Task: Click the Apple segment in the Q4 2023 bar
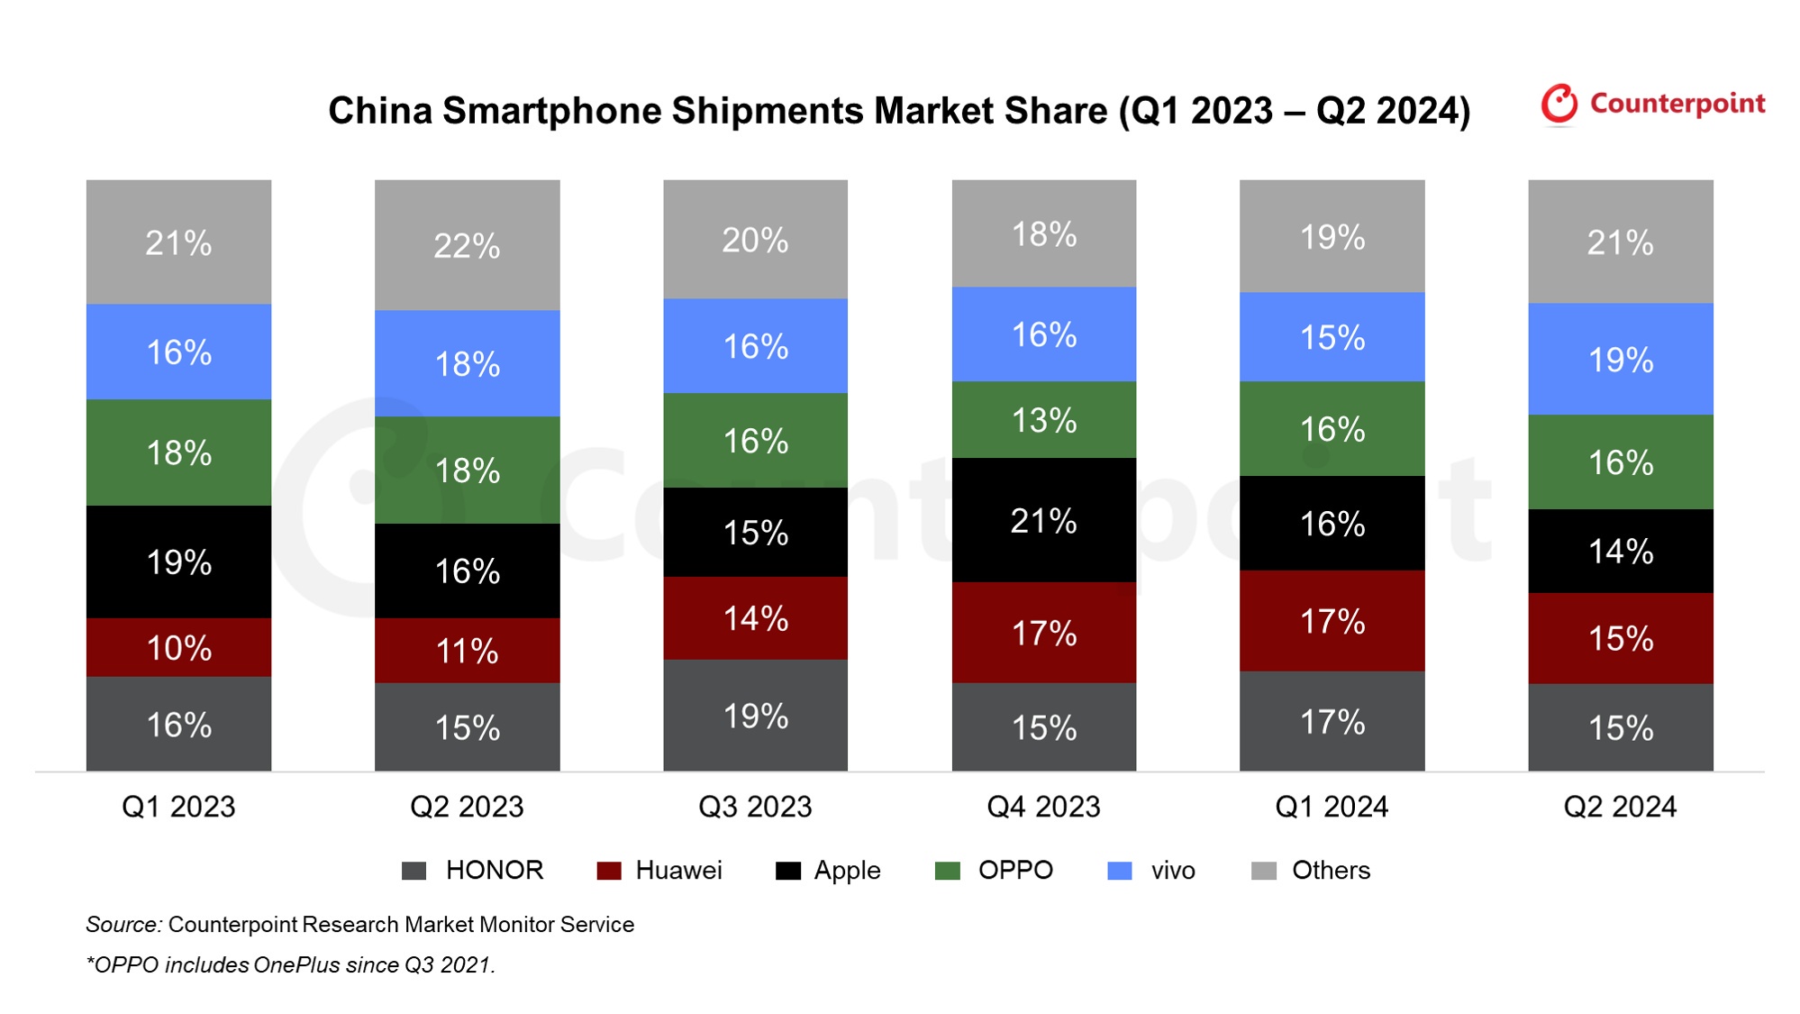point(1043,520)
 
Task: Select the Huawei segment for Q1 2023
point(178,647)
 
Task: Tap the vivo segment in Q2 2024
point(1620,359)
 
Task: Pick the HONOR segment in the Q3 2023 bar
point(755,716)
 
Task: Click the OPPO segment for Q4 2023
point(1043,420)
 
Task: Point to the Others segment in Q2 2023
point(467,245)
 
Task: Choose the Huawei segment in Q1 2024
point(1332,621)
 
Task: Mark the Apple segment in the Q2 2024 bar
point(1620,551)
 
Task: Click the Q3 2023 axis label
point(755,807)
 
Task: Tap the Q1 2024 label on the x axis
point(1332,807)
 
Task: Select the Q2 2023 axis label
point(467,807)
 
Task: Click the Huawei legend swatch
point(609,871)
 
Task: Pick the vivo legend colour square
point(1119,871)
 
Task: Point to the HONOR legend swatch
point(414,871)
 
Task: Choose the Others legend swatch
point(1264,871)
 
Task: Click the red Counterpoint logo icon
point(1559,104)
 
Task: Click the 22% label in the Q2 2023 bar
point(467,245)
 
